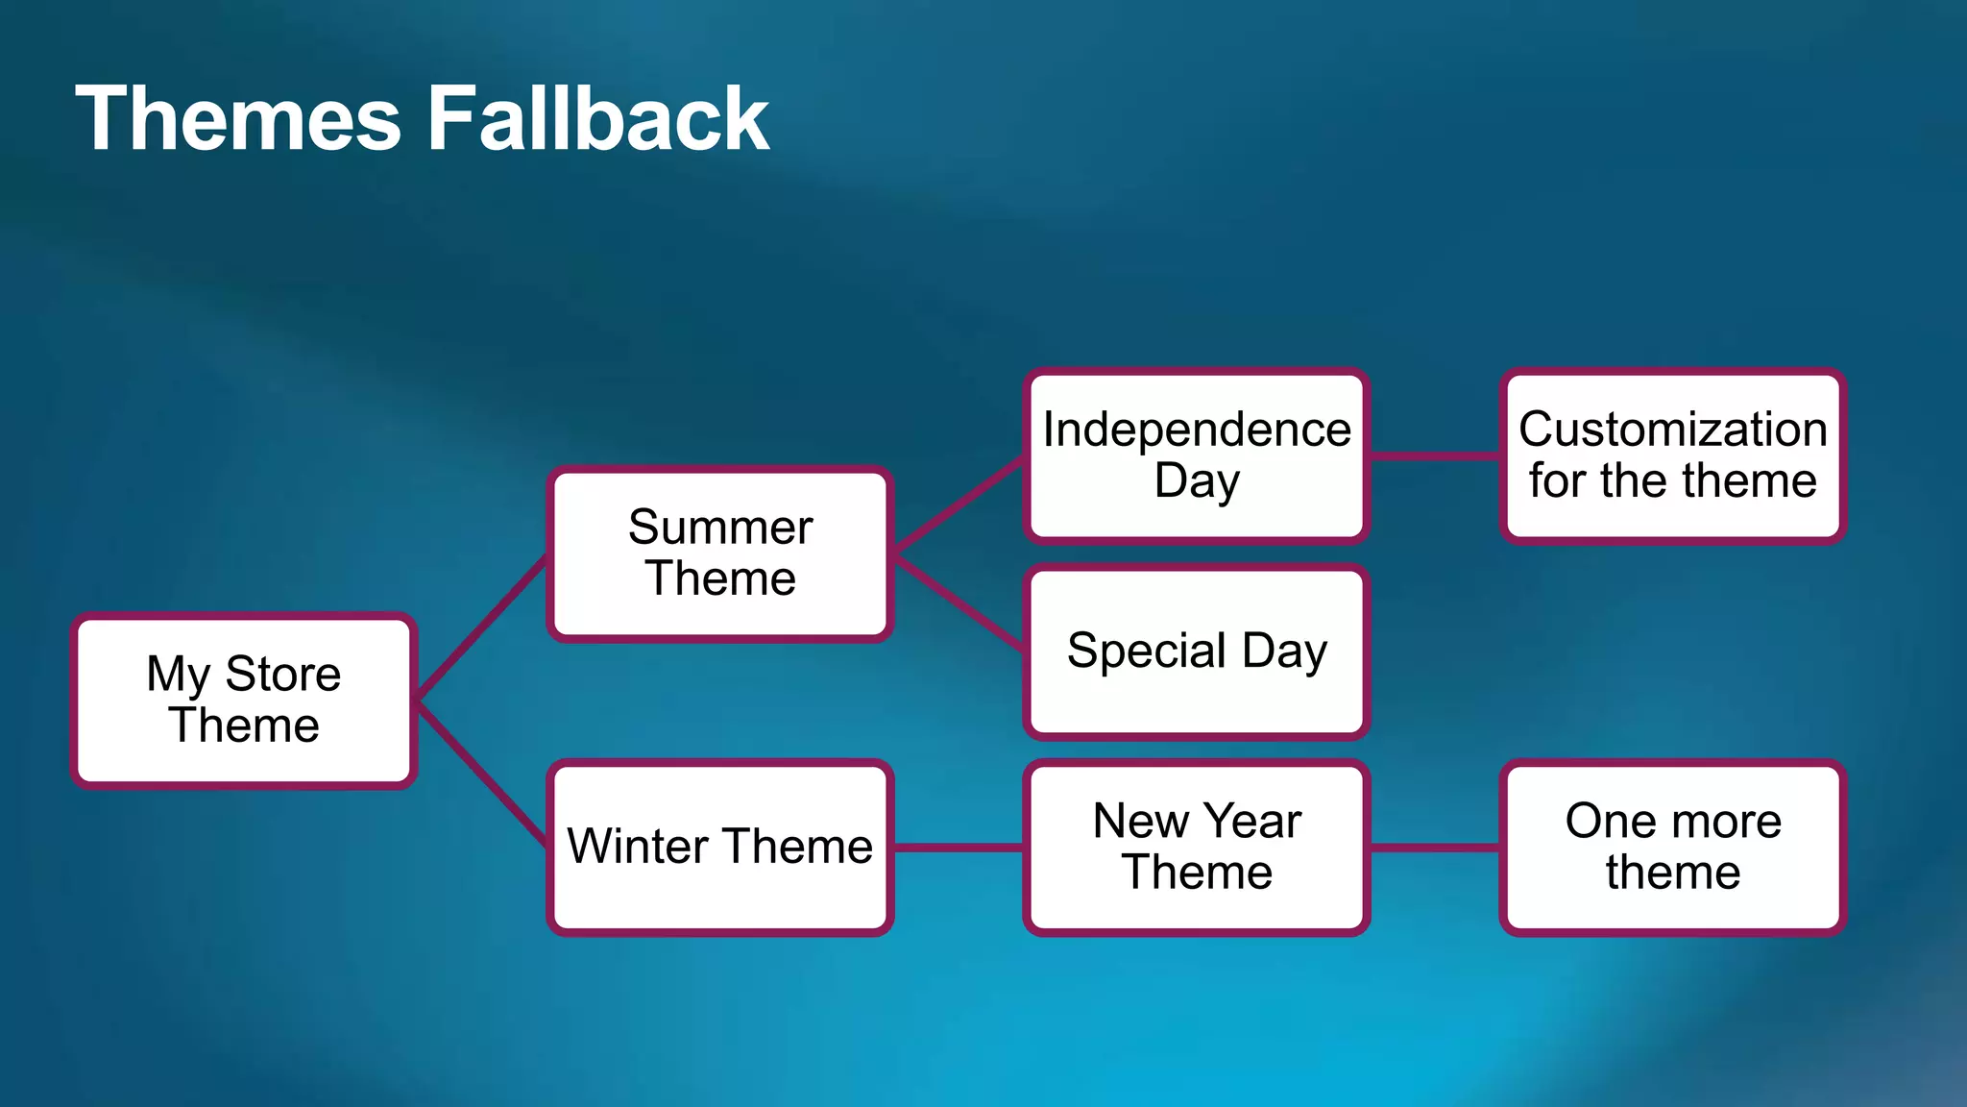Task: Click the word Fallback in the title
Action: tap(597, 119)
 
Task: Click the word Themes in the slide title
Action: tap(238, 119)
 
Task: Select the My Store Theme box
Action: tap(244, 701)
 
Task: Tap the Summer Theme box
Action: tap(720, 553)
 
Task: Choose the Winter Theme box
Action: tap(720, 847)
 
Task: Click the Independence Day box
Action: tap(1197, 455)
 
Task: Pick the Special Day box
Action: tap(1197, 652)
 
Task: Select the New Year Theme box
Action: tap(1197, 847)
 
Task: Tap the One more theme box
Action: tap(1672, 847)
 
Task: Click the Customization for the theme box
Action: tap(1672, 455)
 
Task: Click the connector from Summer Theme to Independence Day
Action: tap(959, 504)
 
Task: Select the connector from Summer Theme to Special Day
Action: tap(959, 603)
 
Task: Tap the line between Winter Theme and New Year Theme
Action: tap(959, 848)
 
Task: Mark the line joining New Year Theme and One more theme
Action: tap(1435, 848)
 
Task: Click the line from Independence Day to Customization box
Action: tap(1435, 456)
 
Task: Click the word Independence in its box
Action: tap(1197, 430)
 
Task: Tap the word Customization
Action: tap(1672, 430)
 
